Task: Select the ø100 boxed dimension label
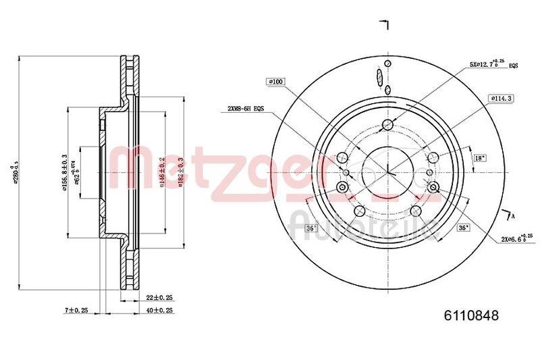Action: (x=276, y=82)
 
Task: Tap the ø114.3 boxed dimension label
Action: (x=500, y=98)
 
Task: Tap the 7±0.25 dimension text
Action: (x=77, y=310)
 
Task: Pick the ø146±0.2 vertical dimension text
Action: (x=162, y=172)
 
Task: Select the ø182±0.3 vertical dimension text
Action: (x=180, y=172)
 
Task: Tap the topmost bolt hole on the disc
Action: (x=387, y=124)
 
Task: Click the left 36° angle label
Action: (x=311, y=228)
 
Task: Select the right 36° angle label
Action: (x=463, y=228)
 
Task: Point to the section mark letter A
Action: (x=514, y=216)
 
